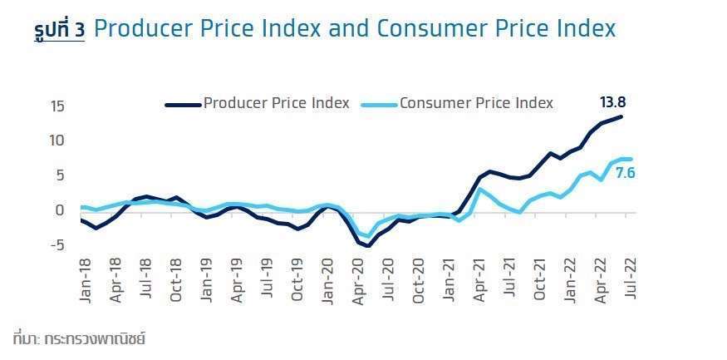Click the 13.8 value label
[612, 103]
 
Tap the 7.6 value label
[626, 175]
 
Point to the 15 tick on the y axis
[57, 106]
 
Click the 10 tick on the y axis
[57, 141]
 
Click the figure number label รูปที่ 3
[60, 32]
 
